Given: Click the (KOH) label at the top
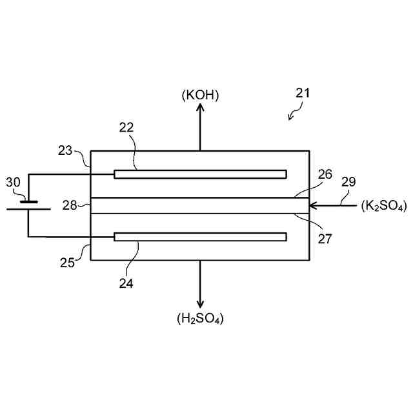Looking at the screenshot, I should coord(200,96).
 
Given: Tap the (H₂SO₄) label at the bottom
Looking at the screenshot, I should coord(200,318).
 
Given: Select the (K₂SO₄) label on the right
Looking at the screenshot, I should coord(384,207).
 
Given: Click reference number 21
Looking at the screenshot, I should coord(303,92).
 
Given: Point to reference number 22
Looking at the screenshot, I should coord(126,128).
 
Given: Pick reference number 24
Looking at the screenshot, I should coord(126,282).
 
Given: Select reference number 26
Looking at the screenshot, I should coord(325,174).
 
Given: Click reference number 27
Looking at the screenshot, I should coord(325,238).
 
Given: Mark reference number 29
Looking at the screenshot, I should coord(348,183).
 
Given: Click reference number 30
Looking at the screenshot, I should coord(13,183).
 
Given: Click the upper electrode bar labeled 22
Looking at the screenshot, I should coord(200,174).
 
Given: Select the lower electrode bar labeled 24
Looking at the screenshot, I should coord(200,237).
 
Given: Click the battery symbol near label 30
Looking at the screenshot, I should coord(28,205).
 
